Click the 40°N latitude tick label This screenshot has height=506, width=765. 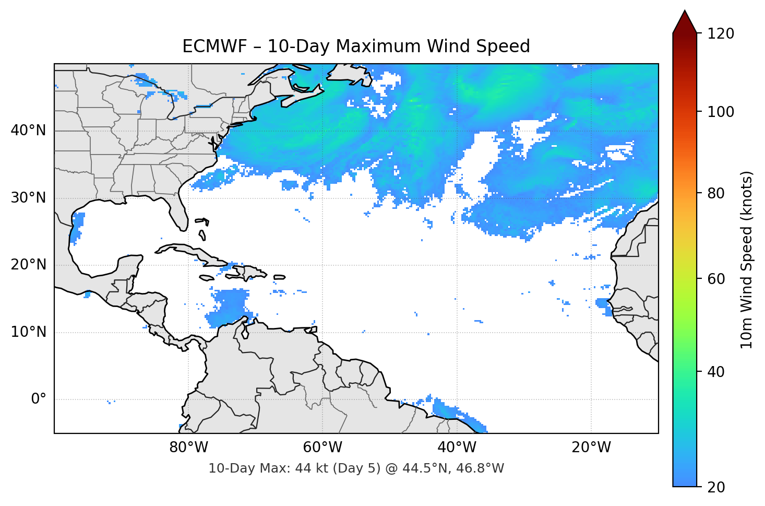28,131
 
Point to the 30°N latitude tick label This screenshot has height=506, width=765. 28,198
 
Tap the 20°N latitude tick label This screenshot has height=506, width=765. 28,265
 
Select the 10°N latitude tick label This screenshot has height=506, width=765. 28,332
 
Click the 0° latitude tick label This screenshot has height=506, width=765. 39,399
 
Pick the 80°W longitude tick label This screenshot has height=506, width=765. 188,448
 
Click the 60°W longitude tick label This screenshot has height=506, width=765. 322,448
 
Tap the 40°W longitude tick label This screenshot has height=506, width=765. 457,448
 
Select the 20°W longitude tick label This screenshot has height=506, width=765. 591,448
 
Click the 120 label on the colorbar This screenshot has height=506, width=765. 721,33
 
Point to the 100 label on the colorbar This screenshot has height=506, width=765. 721,112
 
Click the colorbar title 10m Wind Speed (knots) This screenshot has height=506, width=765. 747,260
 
